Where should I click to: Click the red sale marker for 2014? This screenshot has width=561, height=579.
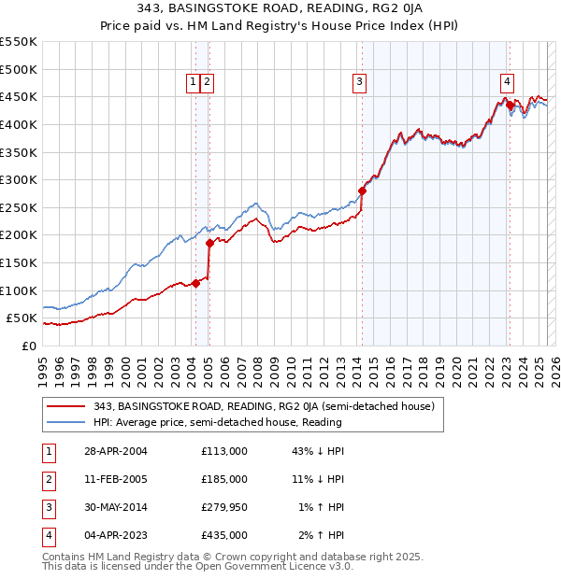point(362,191)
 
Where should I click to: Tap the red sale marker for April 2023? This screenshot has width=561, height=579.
point(510,105)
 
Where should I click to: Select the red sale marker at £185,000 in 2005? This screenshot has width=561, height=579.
point(209,243)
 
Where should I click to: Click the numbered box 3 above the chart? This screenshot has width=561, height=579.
point(359,82)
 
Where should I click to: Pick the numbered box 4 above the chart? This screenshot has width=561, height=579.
point(506,82)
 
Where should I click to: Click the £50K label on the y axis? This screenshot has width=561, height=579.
point(22,318)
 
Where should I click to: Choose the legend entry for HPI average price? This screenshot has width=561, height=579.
point(217,422)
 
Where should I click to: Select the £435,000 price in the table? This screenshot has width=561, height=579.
point(224,535)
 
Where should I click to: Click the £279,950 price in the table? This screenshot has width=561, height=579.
point(224,507)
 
